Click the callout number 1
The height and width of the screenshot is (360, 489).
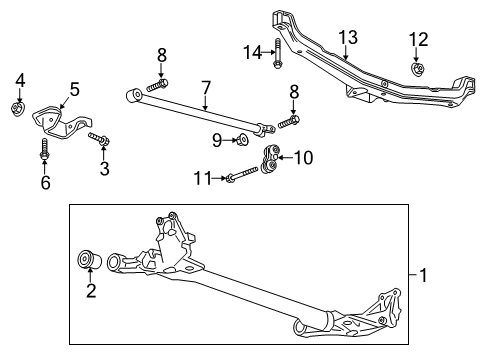click(x=426, y=273)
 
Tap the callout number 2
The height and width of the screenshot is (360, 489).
click(x=90, y=291)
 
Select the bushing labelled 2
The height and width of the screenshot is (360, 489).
click(x=87, y=262)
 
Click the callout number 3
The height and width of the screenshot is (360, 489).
click(x=104, y=168)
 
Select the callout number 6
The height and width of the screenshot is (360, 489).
click(x=43, y=182)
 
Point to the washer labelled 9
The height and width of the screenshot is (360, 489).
click(x=244, y=138)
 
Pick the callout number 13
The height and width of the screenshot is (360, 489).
click(x=346, y=37)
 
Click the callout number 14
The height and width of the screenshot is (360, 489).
click(x=252, y=51)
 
